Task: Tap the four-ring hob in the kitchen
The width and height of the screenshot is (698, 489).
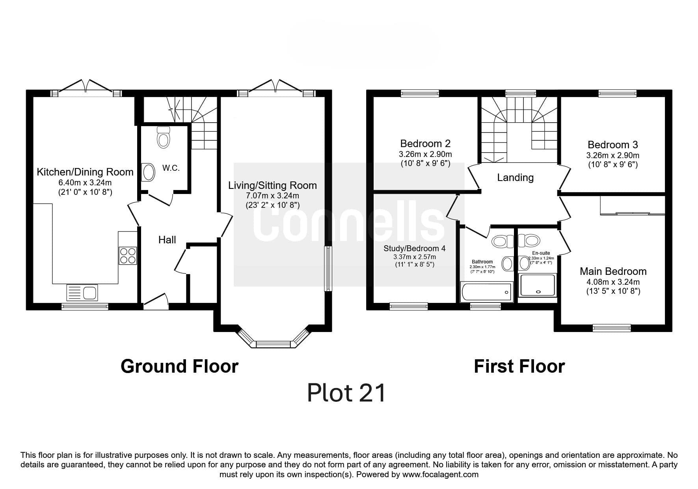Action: (x=128, y=255)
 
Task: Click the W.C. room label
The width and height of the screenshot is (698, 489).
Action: (x=171, y=168)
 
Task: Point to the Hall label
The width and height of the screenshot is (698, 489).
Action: (x=167, y=239)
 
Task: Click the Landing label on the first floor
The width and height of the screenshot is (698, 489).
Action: (x=515, y=177)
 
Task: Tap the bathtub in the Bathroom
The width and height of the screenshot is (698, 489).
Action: (x=487, y=292)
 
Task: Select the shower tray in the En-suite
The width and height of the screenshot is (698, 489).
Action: (x=538, y=285)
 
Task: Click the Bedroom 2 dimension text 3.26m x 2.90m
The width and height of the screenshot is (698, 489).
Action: (x=425, y=154)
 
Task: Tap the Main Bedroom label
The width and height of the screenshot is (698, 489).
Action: (x=613, y=271)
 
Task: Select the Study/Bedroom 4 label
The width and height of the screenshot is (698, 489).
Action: (x=414, y=248)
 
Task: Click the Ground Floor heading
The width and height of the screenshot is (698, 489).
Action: (x=179, y=366)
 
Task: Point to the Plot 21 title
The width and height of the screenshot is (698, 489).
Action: (x=346, y=393)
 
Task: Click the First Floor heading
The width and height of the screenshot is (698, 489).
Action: (x=519, y=366)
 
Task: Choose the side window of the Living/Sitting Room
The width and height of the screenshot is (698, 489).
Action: (x=328, y=269)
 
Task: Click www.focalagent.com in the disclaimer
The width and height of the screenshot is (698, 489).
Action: (x=440, y=474)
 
